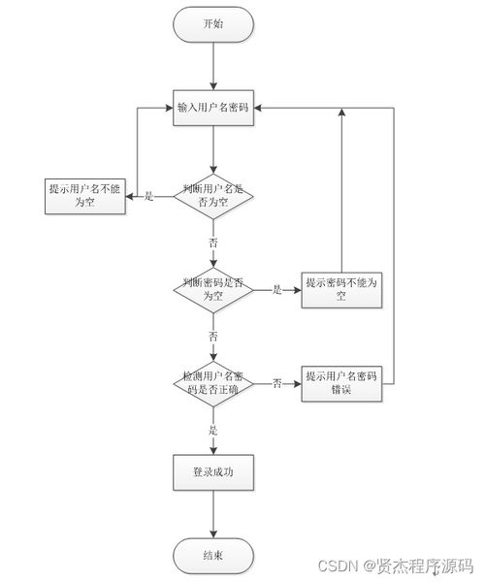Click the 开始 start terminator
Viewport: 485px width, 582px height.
(212, 25)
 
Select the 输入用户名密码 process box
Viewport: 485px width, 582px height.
(212, 107)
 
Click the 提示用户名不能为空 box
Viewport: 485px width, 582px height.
(85, 196)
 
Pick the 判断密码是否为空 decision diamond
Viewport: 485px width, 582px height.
(212, 289)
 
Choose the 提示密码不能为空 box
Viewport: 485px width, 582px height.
(340, 289)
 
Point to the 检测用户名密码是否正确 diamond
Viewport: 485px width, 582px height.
(212, 382)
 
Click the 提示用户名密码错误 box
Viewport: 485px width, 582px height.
(340, 382)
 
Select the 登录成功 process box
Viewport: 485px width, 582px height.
(212, 472)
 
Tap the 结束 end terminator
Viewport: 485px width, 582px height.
(212, 556)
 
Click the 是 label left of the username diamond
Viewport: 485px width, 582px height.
(149, 196)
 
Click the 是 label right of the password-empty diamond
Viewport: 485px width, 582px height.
(276, 289)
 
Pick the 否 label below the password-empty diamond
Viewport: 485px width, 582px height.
(212, 335)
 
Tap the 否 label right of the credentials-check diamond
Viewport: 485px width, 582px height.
(276, 382)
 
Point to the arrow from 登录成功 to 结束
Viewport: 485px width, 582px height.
(212, 514)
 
